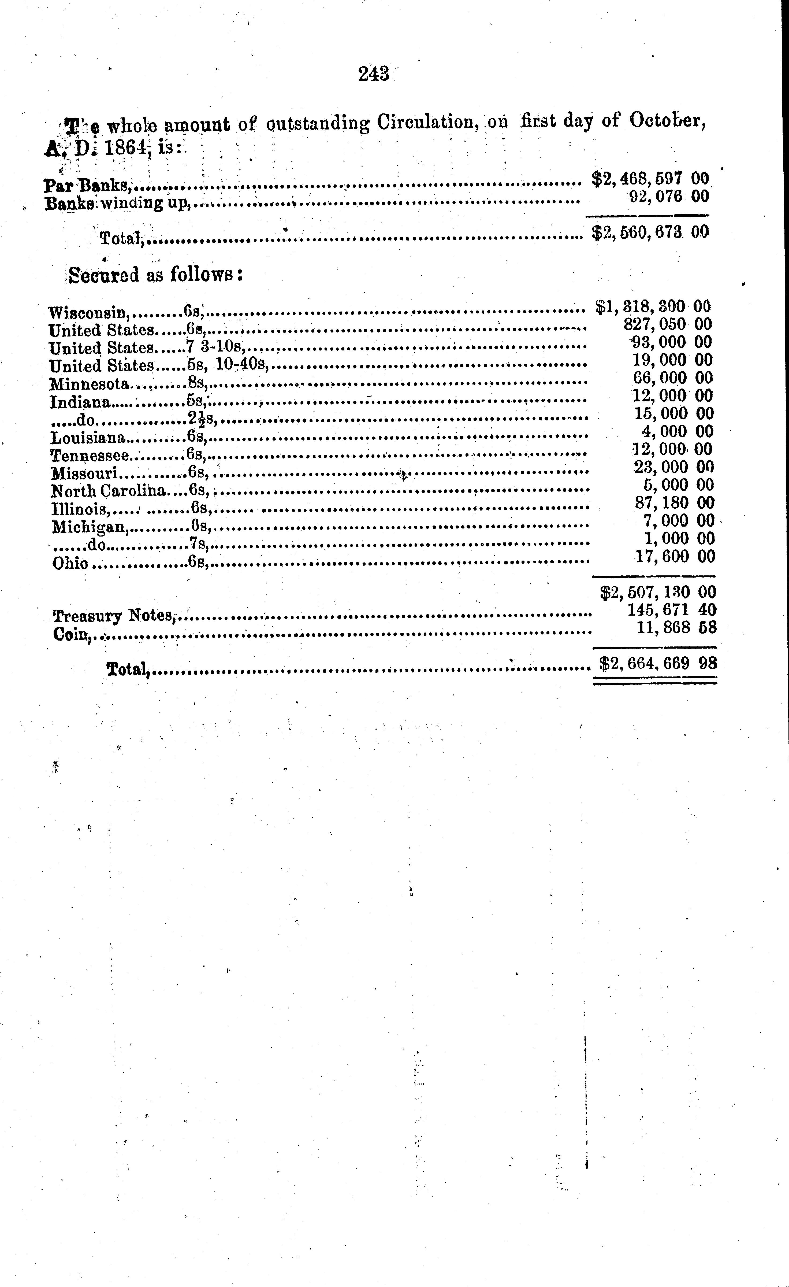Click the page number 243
[374, 74]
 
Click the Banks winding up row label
[116, 203]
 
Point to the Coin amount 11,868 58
[676, 627]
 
